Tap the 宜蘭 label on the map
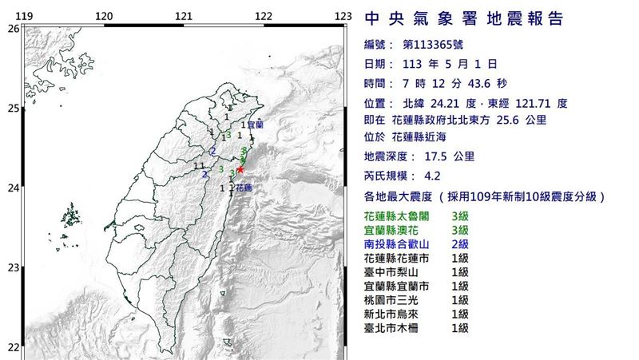[x=255, y=125]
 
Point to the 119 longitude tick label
[x=24, y=16]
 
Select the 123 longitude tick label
[x=343, y=16]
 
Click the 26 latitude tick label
[x=12, y=28]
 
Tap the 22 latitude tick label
[x=12, y=346]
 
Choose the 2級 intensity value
[x=460, y=244]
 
